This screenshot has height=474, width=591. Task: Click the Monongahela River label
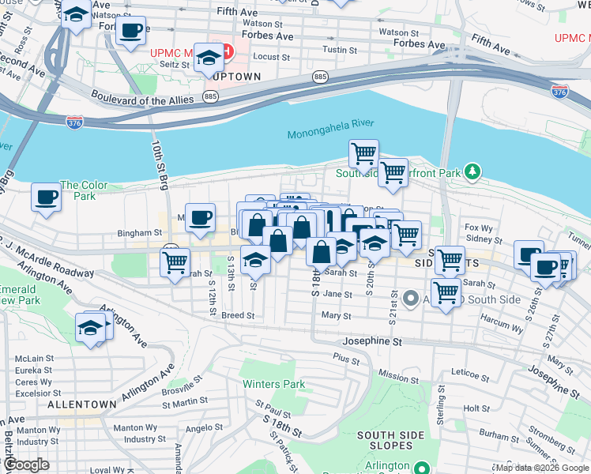[x=330, y=134]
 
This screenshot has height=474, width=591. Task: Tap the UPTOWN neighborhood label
[x=235, y=76]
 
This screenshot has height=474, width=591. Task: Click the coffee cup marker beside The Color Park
[x=47, y=197]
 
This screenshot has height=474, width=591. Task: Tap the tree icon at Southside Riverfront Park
[x=472, y=171]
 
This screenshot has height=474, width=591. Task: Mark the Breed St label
[x=238, y=315]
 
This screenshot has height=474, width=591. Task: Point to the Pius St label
[x=346, y=358]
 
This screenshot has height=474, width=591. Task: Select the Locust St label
[x=272, y=58]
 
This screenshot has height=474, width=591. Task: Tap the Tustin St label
[x=341, y=50]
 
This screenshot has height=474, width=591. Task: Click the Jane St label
[x=337, y=294]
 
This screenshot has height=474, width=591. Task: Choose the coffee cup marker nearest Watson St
[x=130, y=31]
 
